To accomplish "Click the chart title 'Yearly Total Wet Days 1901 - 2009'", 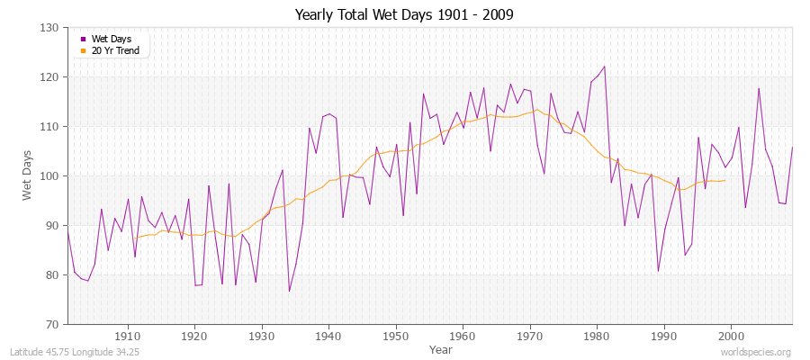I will point(404,15).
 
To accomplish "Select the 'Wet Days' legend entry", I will point(110,40).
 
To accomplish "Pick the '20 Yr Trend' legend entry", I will point(115,50).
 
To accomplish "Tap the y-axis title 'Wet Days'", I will point(28,175).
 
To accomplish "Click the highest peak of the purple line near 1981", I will point(604,66).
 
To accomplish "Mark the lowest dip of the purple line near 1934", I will point(289,291).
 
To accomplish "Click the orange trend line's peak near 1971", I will point(536,110).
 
